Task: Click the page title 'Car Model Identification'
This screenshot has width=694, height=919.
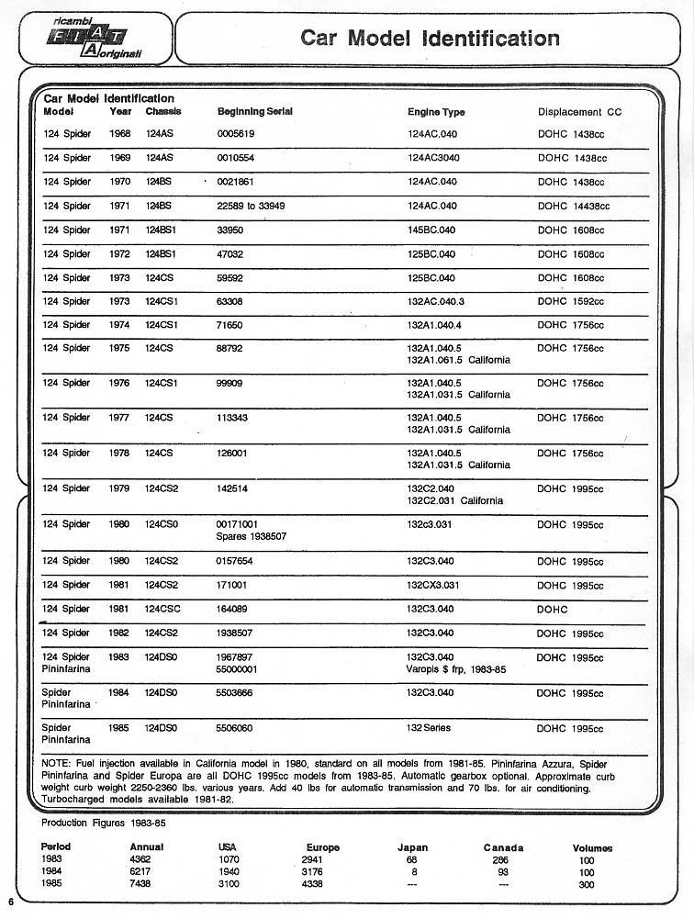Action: click(430, 39)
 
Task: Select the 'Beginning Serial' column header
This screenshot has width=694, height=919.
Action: click(254, 112)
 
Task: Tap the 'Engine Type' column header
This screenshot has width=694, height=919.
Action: click(436, 112)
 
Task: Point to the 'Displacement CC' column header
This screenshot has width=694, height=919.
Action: click(579, 112)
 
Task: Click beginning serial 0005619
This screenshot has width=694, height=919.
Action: click(235, 134)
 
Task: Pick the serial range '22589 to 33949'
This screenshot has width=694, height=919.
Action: click(251, 206)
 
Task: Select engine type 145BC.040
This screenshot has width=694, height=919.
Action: click(431, 230)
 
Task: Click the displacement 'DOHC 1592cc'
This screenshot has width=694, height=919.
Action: click(570, 301)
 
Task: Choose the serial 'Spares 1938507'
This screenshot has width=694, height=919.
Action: click(251, 535)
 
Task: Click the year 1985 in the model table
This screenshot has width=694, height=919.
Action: click(119, 729)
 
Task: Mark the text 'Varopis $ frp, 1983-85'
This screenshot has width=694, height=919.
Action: click(456, 669)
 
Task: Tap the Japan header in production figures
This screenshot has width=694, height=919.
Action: click(412, 847)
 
